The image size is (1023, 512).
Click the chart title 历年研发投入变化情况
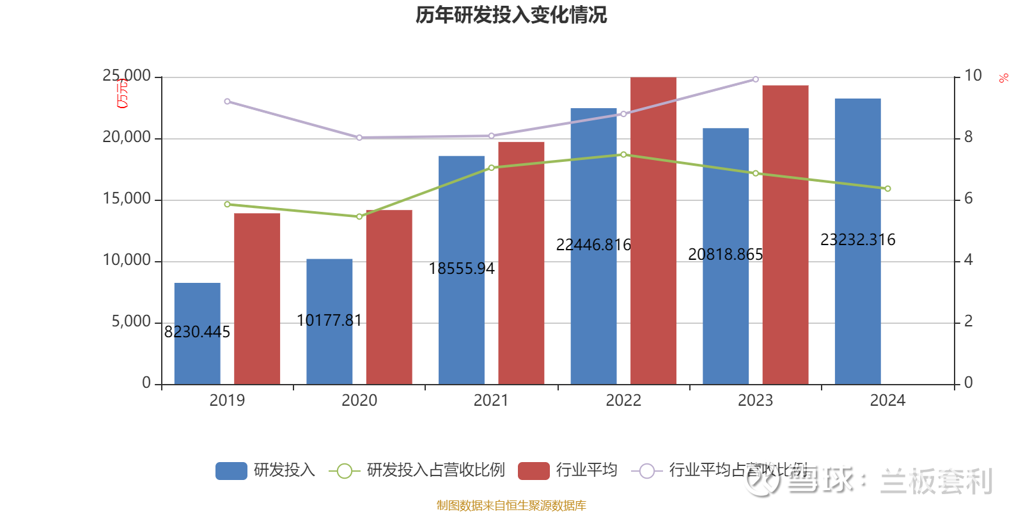[511, 15]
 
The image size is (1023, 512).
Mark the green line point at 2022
[623, 154]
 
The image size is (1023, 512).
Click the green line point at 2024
[887, 189]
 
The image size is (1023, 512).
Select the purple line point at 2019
[227, 102]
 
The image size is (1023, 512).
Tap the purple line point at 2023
[756, 79]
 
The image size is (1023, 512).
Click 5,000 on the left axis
[131, 321]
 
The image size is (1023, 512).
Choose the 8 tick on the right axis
[969, 137]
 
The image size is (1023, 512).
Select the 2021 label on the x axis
[491, 401]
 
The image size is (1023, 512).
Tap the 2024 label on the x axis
[887, 401]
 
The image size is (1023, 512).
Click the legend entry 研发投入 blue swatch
[231, 470]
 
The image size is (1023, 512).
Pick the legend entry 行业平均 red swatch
[533, 470]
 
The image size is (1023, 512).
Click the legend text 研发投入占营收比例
[435, 470]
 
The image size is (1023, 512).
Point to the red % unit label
[1003, 78]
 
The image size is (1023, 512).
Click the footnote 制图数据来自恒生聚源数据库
[511, 506]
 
